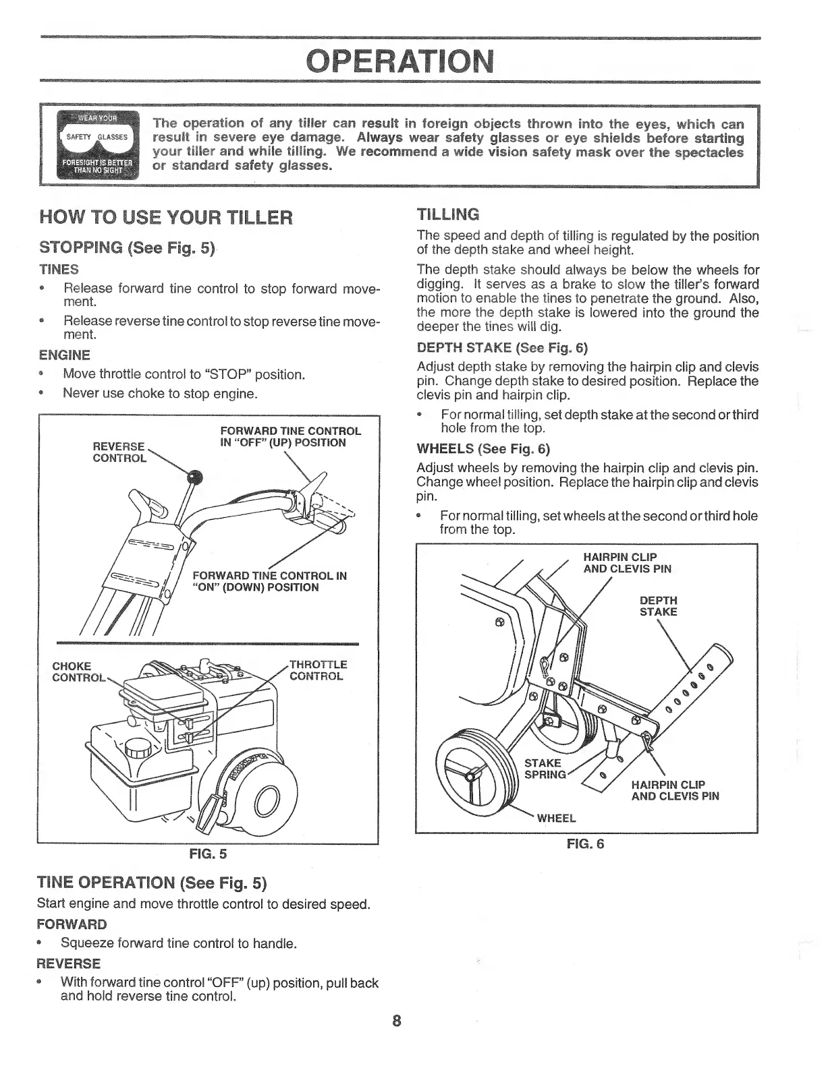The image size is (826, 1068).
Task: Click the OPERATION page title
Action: pyautogui.click(x=401, y=62)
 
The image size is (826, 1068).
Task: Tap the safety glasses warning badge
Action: pyautogui.click(x=97, y=146)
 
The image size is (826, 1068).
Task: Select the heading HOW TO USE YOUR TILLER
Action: pyautogui.click(x=166, y=218)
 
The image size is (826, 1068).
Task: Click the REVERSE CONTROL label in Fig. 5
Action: pyautogui.click(x=119, y=452)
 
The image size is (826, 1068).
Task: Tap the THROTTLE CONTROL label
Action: pyautogui.click(x=318, y=670)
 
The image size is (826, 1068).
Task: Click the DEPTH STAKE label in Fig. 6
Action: pyautogui.click(x=658, y=606)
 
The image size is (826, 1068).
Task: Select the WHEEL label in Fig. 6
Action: pyautogui.click(x=556, y=819)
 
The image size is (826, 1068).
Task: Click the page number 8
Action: pyautogui.click(x=397, y=1020)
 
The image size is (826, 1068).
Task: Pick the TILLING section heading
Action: pyautogui.click(x=449, y=215)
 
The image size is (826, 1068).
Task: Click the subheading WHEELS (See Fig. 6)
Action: pyautogui.click(x=484, y=448)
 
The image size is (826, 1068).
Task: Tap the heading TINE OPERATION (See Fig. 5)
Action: pyautogui.click(x=152, y=883)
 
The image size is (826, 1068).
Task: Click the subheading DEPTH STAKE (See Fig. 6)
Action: pyautogui.click(x=503, y=348)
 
